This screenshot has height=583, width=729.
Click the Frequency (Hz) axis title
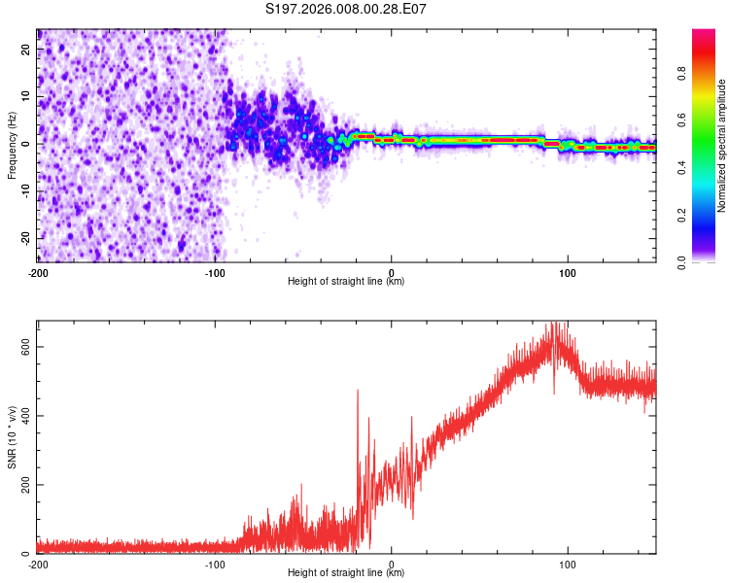[12, 145]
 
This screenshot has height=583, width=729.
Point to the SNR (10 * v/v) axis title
[12, 436]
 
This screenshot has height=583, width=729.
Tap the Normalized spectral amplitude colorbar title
[722, 146]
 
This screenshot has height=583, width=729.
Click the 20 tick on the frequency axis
[25, 49]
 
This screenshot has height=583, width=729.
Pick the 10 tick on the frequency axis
[25, 96]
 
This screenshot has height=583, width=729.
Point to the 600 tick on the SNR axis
[21, 347]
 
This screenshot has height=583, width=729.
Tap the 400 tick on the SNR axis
[21, 416]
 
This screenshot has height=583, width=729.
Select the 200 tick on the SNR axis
[21, 485]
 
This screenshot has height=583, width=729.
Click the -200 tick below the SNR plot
[37, 564]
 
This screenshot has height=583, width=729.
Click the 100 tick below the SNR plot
[568, 564]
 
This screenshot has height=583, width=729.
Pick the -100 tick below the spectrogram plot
[214, 272]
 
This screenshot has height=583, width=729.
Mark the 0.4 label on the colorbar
[682, 166]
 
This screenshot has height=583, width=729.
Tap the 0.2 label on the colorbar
[682, 214]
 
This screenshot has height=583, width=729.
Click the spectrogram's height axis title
[346, 282]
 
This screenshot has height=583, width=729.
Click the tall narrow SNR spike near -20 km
[358, 391]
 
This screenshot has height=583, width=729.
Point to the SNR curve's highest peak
[555, 324]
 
